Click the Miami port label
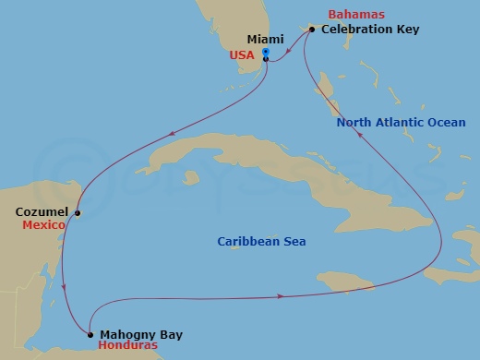(267, 39)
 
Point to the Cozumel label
(41, 211)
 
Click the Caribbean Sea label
(261, 242)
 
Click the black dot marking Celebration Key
(312, 30)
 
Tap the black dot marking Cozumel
(78, 214)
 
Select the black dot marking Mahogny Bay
(90, 334)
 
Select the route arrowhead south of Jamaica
(279, 296)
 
